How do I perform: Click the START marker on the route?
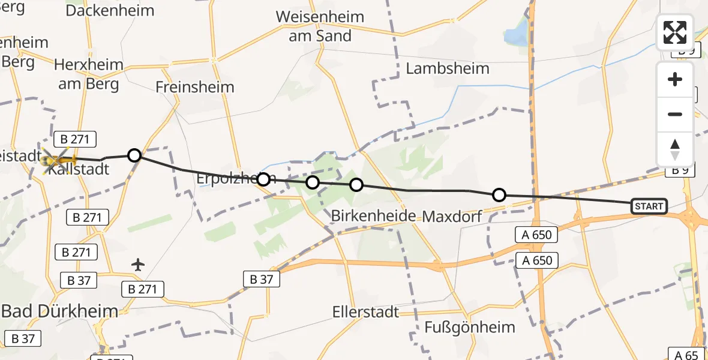tap(649, 206)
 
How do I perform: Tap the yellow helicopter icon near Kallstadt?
tap(58, 160)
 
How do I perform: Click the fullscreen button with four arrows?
tap(675, 32)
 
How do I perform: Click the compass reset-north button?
tap(675, 149)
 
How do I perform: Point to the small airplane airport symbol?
tap(138, 264)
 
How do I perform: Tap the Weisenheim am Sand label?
tap(320, 26)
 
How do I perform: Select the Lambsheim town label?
tap(448, 68)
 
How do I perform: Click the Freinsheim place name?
tap(194, 87)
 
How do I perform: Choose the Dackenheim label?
tap(110, 10)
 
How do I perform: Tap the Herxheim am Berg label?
tap(88, 74)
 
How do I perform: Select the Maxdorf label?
tap(452, 216)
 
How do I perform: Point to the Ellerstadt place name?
tap(366, 313)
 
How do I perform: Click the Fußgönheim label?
tap(461, 327)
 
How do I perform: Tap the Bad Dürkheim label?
tap(59, 311)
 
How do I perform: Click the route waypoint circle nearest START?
tap(499, 194)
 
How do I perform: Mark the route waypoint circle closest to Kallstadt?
tap(134, 155)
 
